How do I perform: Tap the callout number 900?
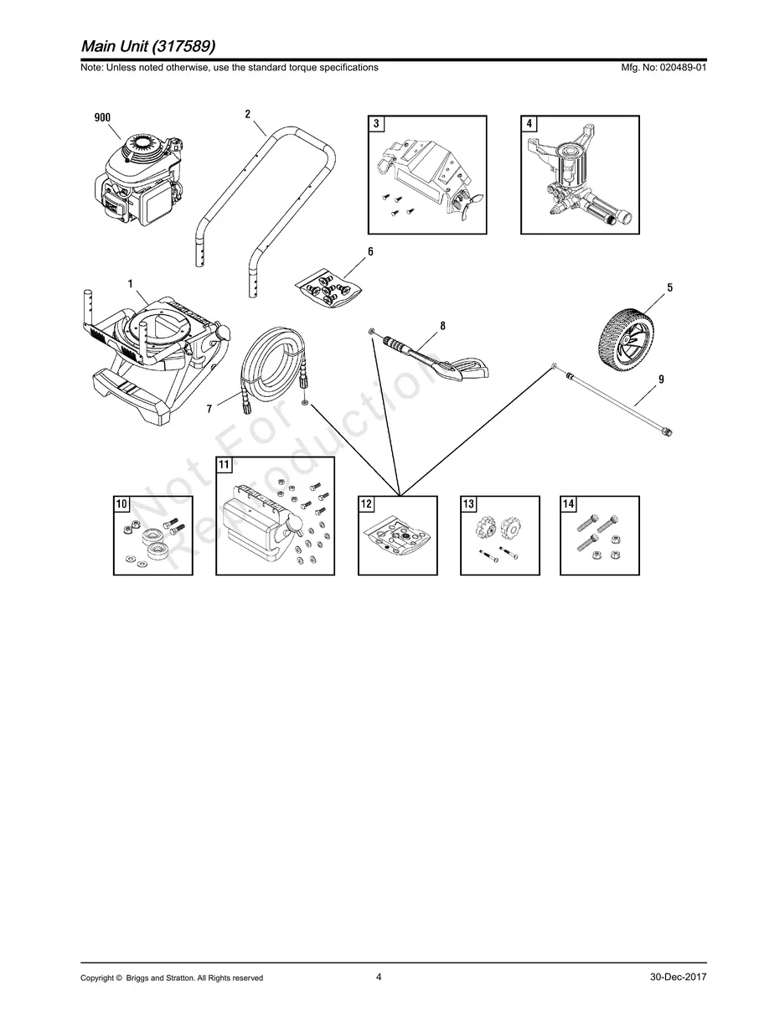click(x=102, y=117)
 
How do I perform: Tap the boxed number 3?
click(x=376, y=123)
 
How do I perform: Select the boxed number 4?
click(x=529, y=123)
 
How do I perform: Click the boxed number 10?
click(x=121, y=504)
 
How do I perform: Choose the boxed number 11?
click(x=224, y=464)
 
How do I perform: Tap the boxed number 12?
click(x=366, y=504)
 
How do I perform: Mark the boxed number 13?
click(x=468, y=504)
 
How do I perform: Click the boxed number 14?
click(x=568, y=504)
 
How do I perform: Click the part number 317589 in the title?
click(x=183, y=46)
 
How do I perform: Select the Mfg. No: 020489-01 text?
click(x=663, y=68)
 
